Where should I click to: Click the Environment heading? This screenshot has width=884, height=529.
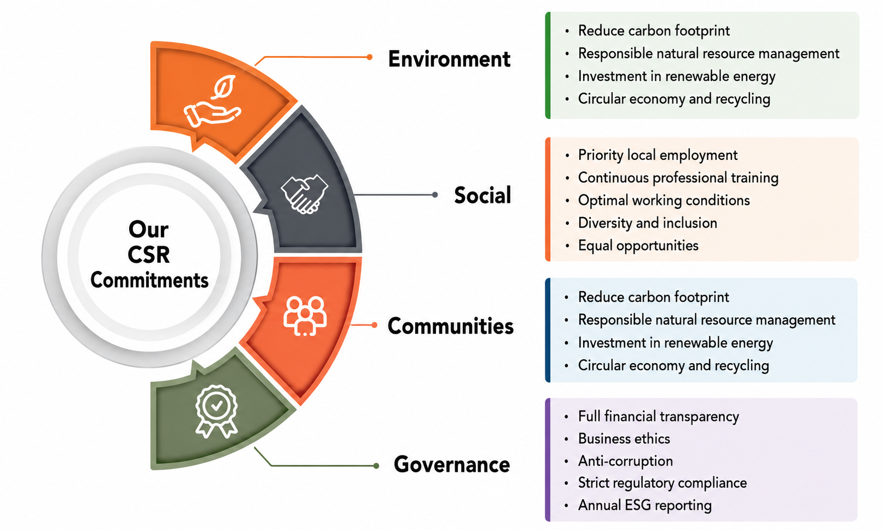(449, 59)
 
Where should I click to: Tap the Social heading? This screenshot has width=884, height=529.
(483, 195)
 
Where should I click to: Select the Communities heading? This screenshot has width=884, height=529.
(450, 326)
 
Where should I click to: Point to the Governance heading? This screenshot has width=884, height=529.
(451, 464)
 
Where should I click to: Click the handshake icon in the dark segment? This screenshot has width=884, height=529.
(304, 194)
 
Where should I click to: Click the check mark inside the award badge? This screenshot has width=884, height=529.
(216, 405)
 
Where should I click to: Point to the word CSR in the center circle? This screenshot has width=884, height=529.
(149, 255)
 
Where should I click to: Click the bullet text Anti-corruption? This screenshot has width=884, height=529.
(625, 461)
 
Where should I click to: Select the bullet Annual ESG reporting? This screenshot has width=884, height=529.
(644, 506)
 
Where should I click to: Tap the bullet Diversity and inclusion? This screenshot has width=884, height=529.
(647, 223)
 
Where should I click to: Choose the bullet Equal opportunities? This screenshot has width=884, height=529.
(638, 245)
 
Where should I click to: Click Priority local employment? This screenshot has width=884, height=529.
(657, 155)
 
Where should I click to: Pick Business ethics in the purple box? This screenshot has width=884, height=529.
(624, 438)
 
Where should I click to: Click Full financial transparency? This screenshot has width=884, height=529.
(658, 417)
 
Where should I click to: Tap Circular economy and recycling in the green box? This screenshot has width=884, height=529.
(674, 99)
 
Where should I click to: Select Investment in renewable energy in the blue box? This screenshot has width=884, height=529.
(675, 342)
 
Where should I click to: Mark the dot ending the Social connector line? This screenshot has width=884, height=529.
(435, 195)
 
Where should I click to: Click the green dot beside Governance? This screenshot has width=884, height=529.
(376, 466)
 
